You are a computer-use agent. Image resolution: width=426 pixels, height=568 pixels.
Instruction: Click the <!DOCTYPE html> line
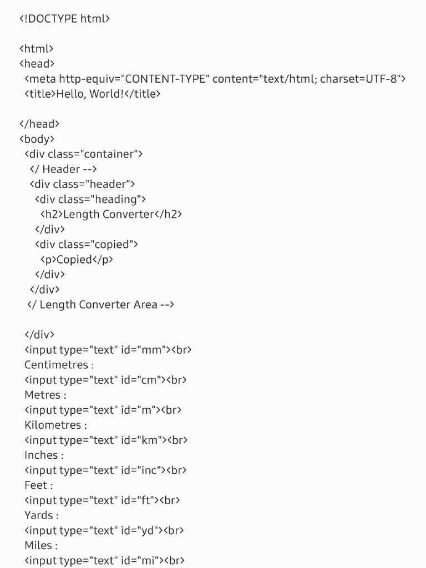(x=64, y=19)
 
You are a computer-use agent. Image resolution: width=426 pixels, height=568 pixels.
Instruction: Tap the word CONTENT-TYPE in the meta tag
(x=168, y=79)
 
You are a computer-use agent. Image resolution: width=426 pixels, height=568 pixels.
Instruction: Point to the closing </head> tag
(x=39, y=124)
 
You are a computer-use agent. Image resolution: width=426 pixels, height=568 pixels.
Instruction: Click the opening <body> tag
(x=37, y=139)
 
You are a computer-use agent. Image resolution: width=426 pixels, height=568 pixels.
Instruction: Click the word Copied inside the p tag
(x=74, y=259)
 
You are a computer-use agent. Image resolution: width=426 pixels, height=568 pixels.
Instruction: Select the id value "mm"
(x=155, y=349)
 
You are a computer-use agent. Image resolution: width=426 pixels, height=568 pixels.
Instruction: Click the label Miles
(x=38, y=545)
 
